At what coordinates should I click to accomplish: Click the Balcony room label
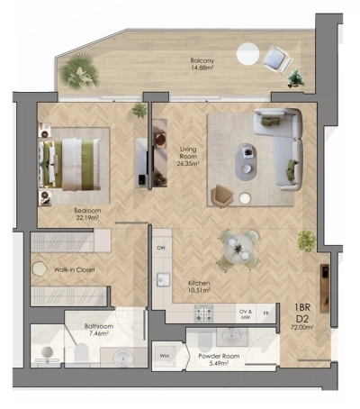pyautogui.click(x=202, y=65)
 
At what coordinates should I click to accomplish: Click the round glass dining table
pyautogui.click(x=238, y=245)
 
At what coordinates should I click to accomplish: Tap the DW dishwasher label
pyautogui.click(x=161, y=248)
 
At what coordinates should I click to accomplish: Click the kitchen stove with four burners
pyautogui.click(x=204, y=314)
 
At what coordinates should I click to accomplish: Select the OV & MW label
pyautogui.click(x=244, y=314)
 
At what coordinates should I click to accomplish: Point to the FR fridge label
pyautogui.click(x=265, y=314)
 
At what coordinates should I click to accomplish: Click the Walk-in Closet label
pyautogui.click(x=75, y=269)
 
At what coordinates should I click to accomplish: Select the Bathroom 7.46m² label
pyautogui.click(x=98, y=329)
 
